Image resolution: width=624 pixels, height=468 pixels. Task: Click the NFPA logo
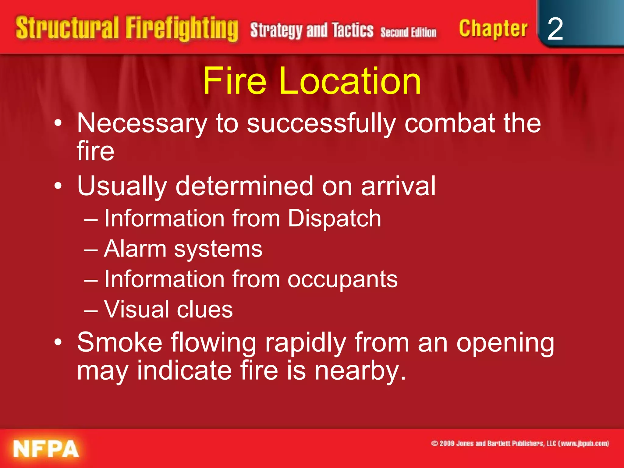(x=46, y=448)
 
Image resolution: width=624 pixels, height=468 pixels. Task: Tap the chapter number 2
(x=555, y=29)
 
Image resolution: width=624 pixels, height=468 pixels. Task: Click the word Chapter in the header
(x=493, y=29)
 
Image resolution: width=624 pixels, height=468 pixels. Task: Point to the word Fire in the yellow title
(x=235, y=81)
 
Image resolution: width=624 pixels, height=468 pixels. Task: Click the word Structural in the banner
(x=67, y=28)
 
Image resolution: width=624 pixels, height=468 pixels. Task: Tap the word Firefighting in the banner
(x=182, y=29)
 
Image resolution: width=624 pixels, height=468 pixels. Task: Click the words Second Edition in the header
(x=408, y=32)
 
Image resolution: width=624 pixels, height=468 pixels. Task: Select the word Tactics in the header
(x=353, y=30)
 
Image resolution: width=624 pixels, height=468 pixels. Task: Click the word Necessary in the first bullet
(x=142, y=124)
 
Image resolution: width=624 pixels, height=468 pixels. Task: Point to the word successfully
(x=321, y=124)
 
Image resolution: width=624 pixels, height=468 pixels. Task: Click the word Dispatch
(x=334, y=218)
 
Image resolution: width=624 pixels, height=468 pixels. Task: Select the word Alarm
(x=135, y=249)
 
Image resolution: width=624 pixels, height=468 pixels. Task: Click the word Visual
(x=136, y=309)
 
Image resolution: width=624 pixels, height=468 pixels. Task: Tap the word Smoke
(x=119, y=342)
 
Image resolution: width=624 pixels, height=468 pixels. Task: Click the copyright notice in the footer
(x=520, y=443)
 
